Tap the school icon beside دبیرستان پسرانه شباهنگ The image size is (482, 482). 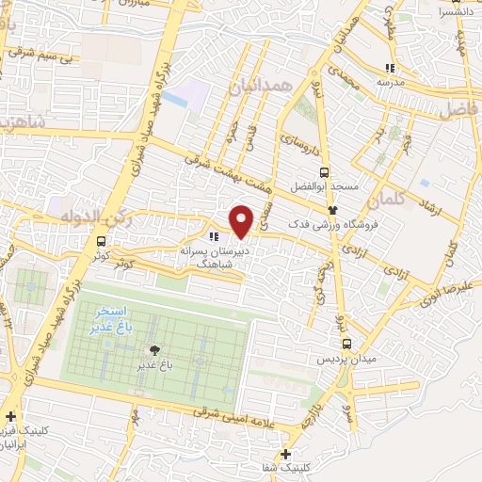pyautogui.click(x=214, y=236)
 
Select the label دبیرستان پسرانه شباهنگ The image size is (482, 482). pyautogui.click(x=214, y=259)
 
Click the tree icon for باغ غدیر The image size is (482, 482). pyautogui.click(x=153, y=349)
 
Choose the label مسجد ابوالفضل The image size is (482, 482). pyautogui.click(x=325, y=187)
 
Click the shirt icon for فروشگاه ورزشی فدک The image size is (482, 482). pyautogui.click(x=332, y=210)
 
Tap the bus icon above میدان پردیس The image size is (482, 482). pyautogui.click(x=346, y=344)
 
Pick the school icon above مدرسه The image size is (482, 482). pyautogui.click(x=391, y=68)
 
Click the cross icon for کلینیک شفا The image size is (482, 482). pyautogui.click(x=285, y=454)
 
